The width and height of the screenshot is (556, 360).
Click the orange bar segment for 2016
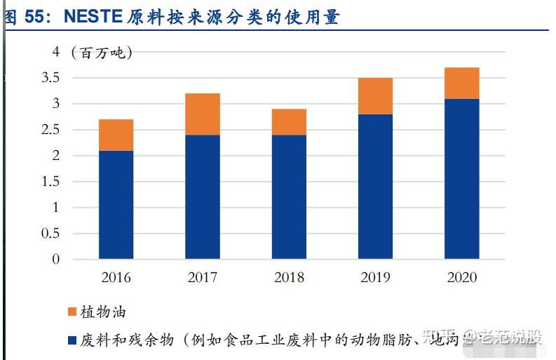click(x=116, y=135)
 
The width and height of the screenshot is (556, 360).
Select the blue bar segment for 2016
click(x=116, y=205)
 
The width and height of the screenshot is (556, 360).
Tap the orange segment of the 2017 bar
click(x=203, y=114)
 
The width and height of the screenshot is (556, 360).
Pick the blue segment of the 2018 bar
click(x=289, y=196)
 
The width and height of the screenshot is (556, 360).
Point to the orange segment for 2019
click(x=375, y=96)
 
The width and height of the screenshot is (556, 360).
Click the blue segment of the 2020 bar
click(x=461, y=179)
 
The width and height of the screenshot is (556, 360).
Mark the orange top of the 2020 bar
click(x=461, y=83)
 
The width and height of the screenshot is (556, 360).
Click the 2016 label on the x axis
click(x=116, y=277)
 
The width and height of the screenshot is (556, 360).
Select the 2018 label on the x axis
click(x=289, y=277)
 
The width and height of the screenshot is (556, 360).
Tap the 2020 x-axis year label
click(x=461, y=277)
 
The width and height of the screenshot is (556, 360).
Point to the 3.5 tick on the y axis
click(x=51, y=78)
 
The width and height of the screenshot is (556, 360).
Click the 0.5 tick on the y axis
click(x=51, y=234)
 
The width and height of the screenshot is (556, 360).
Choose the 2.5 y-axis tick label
click(x=51, y=130)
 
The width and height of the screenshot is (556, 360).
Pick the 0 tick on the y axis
click(x=57, y=260)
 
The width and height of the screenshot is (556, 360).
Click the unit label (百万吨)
click(x=101, y=53)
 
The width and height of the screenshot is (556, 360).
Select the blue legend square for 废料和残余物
click(x=72, y=340)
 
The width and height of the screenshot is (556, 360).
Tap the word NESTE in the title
click(x=93, y=18)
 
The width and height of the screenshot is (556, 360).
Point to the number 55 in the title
click(x=35, y=18)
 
